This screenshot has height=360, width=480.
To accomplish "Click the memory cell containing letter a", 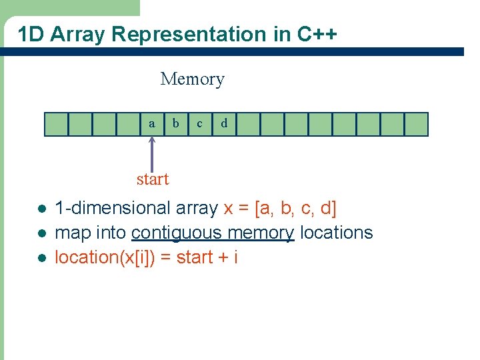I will point(152,124).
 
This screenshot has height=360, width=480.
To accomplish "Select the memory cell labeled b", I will point(176,124).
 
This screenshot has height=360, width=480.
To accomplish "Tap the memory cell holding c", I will point(200,124).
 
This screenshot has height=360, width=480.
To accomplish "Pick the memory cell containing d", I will point(224,124).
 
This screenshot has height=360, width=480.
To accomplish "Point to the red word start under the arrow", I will point(153,179).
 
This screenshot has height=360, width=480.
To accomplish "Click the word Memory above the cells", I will point(192,79).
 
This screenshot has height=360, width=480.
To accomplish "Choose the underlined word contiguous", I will point(176,233).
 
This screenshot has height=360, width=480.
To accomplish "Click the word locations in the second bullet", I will point(336,233).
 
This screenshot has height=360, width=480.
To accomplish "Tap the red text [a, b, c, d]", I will point(296,209).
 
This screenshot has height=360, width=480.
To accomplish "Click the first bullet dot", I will point(41,209).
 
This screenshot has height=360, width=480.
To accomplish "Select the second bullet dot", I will point(41,233).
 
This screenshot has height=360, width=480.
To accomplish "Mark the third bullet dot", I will point(41,257).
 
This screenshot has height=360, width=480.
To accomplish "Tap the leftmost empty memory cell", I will point(56,124).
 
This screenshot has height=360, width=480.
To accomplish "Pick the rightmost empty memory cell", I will point(416,124).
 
